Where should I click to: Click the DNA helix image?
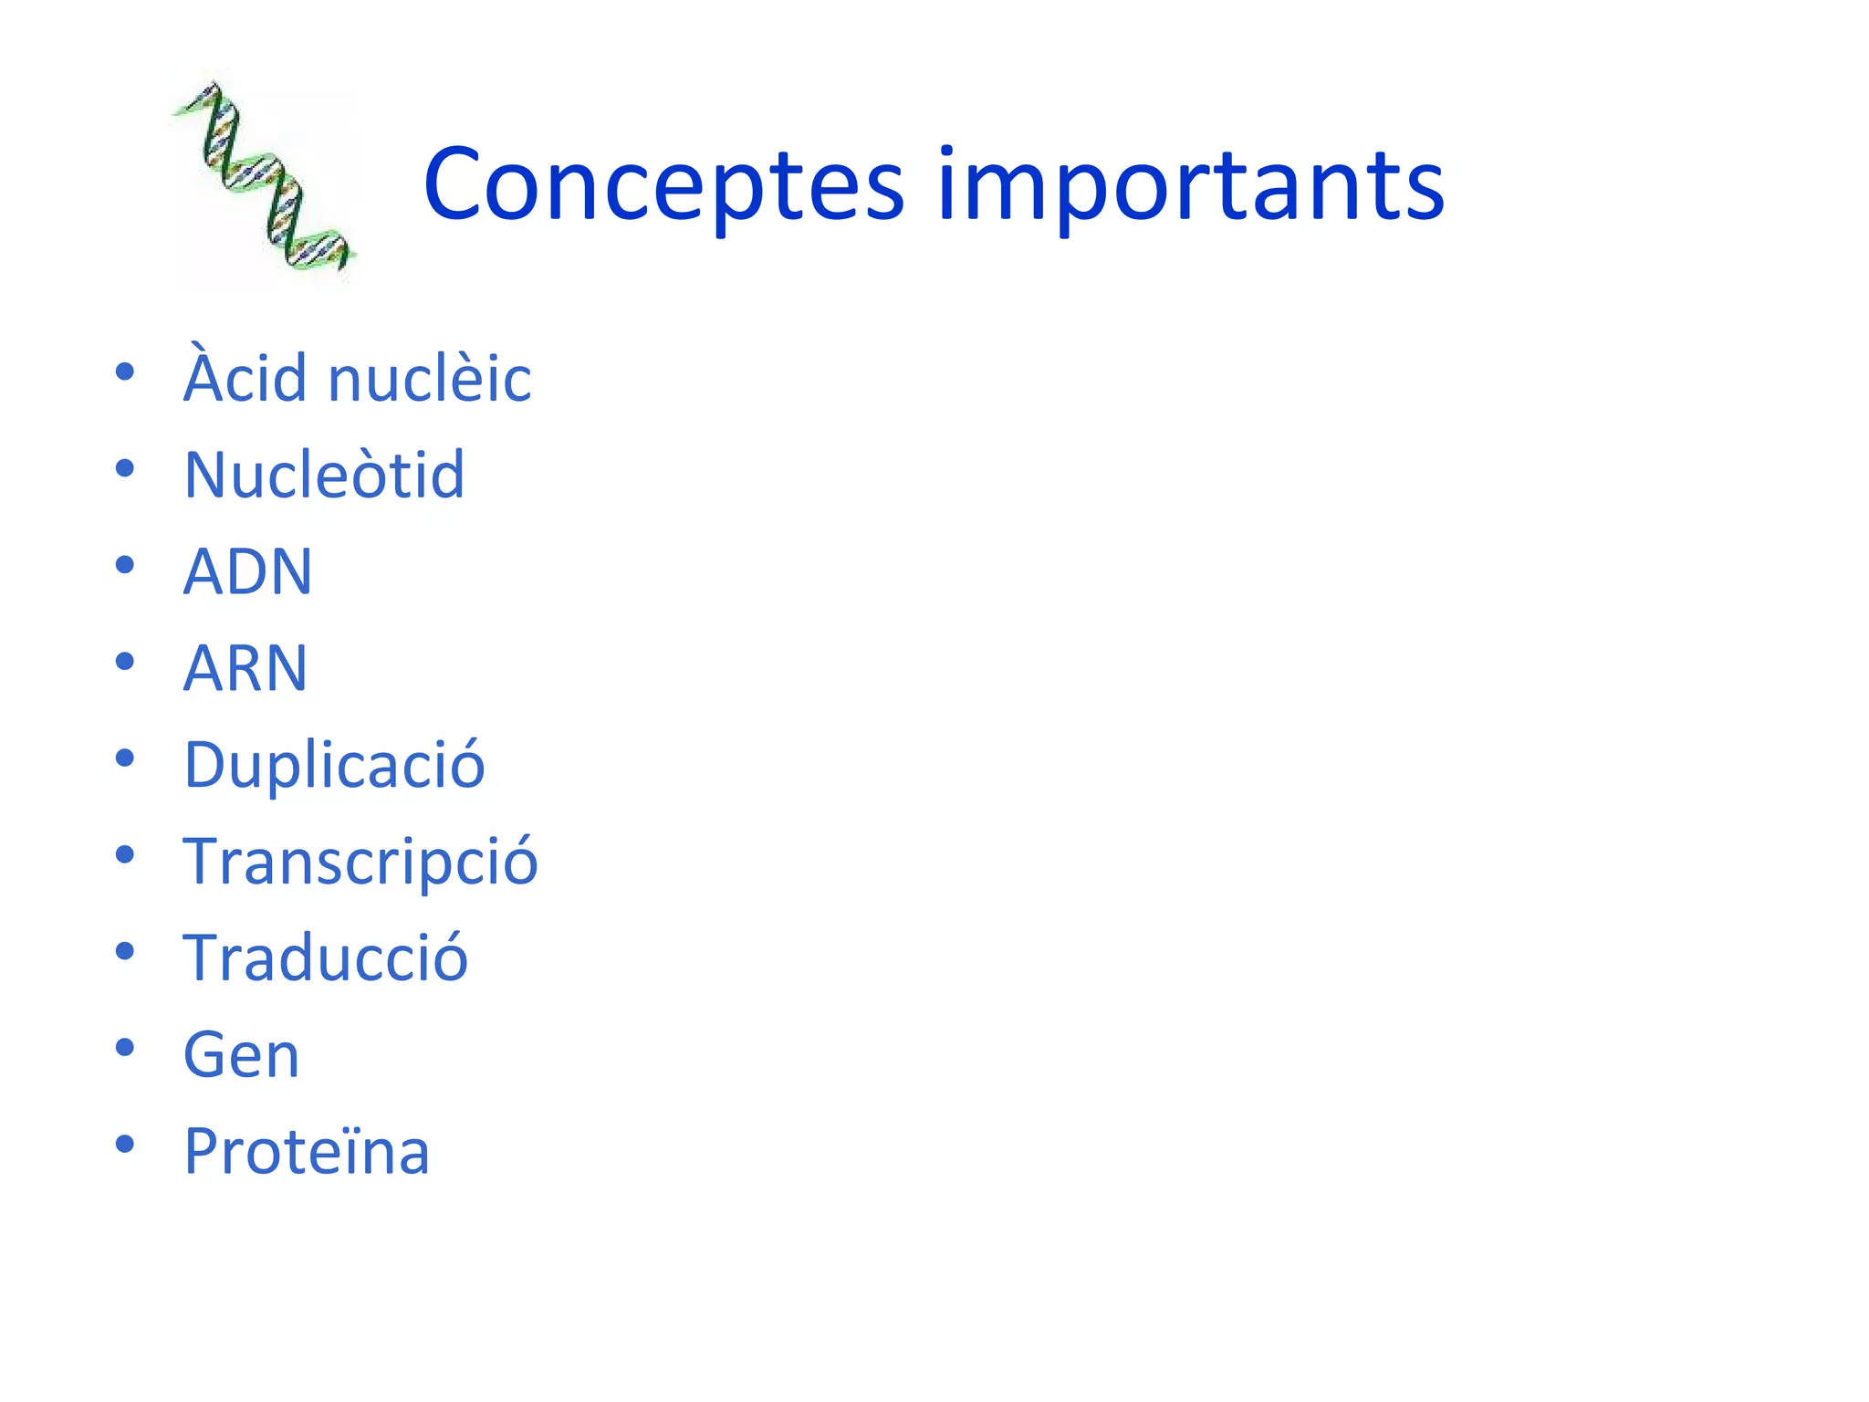pos(264,176)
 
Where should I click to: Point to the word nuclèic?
pos(429,378)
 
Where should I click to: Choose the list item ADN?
pos(247,571)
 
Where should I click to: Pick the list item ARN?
pos(245,668)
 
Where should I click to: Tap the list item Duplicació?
pos(334,765)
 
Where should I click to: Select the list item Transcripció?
pos(360,862)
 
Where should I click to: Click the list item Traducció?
pos(326,958)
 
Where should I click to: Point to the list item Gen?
pos(241,1055)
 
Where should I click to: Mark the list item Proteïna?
pos(307,1152)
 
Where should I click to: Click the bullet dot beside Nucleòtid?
pos(125,469)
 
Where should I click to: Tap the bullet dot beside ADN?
pos(125,566)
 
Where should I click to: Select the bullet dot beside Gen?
pos(125,1048)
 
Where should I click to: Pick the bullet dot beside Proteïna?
pos(125,1145)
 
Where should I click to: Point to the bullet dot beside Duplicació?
pos(125,759)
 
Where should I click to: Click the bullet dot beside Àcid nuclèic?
pos(125,372)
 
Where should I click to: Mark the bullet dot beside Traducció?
pos(125,951)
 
